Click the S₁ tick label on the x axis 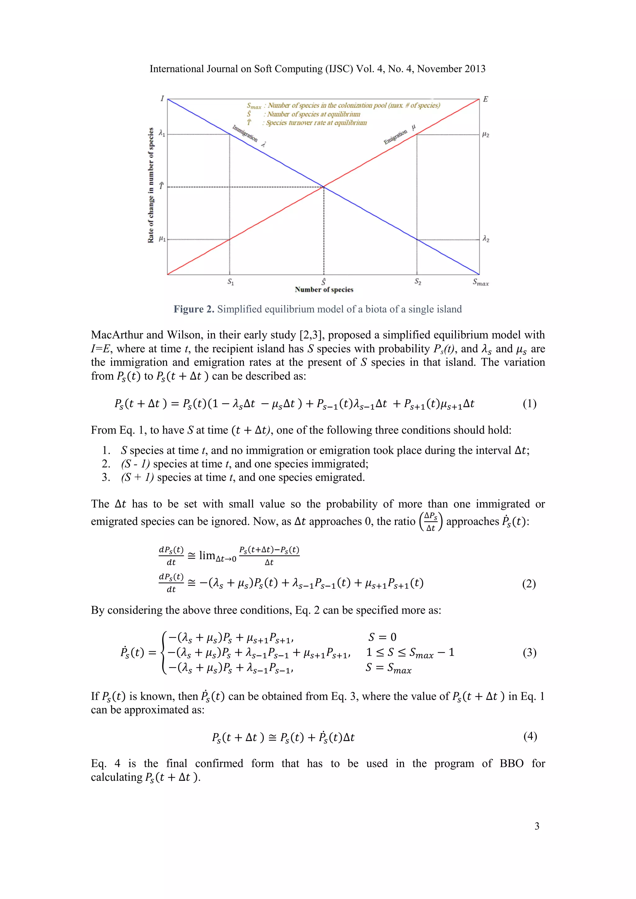[231, 282]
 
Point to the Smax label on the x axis [480, 282]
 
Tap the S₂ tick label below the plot [418, 282]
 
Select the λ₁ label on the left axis [162, 133]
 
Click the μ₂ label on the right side [486, 134]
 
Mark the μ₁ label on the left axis [162, 238]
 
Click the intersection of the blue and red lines [324, 187]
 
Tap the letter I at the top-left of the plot [162, 98]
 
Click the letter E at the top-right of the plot [485, 99]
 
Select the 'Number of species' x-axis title [324, 290]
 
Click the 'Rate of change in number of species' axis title [151, 185]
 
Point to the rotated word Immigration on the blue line [245, 133]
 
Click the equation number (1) [529, 404]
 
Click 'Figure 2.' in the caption [194, 309]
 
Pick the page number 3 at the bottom [537, 826]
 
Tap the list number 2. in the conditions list [106, 464]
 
